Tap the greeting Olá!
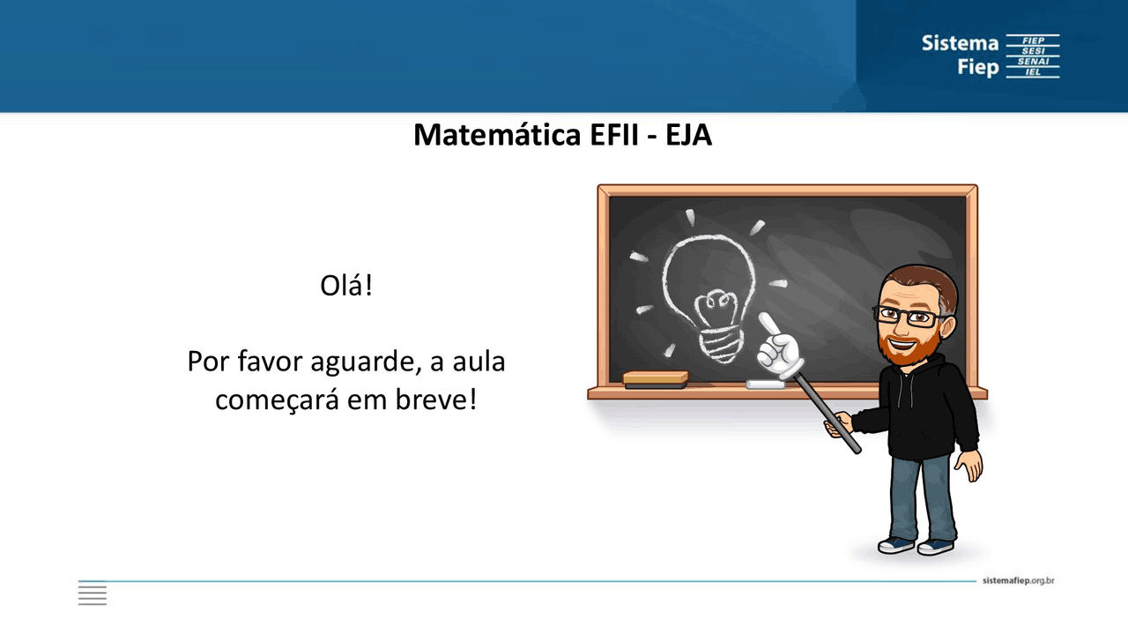(346, 286)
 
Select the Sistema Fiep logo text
(960, 55)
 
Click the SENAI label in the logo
(1033, 62)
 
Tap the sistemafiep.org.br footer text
(1018, 580)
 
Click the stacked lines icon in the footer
(93, 594)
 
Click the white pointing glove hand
(779, 348)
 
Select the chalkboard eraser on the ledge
(655, 379)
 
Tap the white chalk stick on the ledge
(764, 385)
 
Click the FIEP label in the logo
(1033, 41)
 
